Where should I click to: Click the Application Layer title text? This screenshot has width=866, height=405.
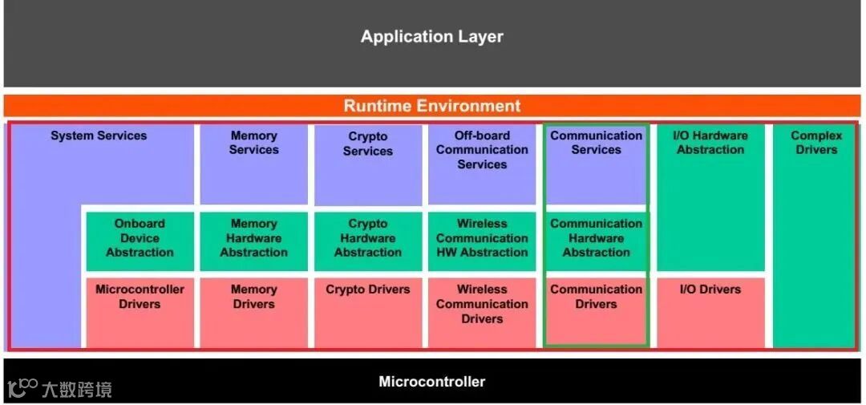click(431, 37)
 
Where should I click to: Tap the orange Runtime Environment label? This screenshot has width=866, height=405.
click(431, 106)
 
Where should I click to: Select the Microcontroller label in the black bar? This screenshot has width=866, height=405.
click(431, 382)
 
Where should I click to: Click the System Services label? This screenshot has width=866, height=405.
click(99, 136)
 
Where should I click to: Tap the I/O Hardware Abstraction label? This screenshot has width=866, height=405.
click(710, 143)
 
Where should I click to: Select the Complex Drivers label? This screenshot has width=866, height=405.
click(816, 143)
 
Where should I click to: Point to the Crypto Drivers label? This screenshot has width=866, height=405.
click(368, 290)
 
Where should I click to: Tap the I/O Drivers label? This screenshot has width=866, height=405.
click(710, 290)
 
